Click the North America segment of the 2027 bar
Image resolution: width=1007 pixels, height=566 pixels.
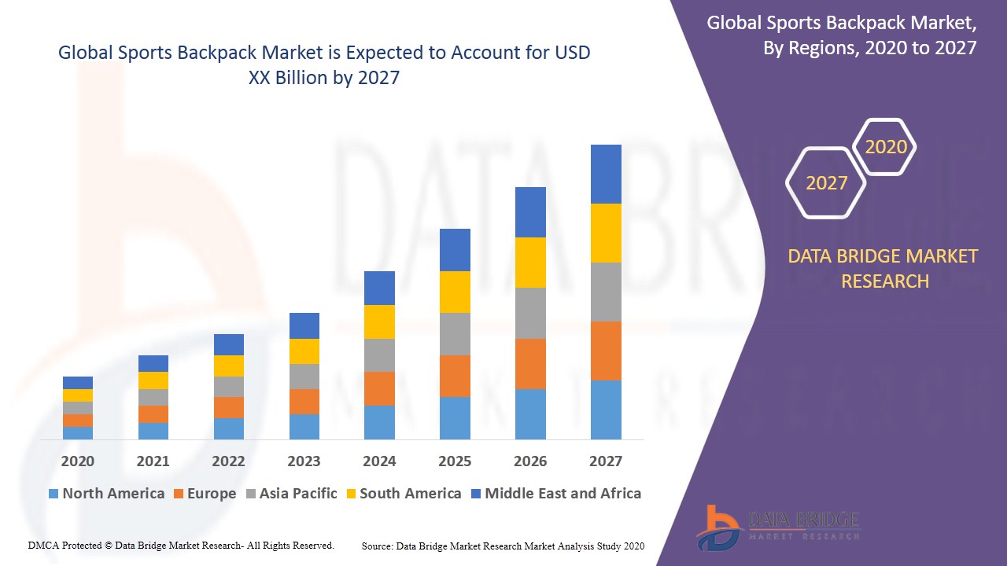point(606,410)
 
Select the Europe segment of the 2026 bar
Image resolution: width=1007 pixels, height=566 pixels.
point(530,363)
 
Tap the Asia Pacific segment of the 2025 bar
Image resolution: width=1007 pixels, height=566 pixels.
point(455,334)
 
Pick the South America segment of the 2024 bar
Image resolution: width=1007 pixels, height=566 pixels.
point(379,322)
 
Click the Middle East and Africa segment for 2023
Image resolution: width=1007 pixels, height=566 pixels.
point(304,325)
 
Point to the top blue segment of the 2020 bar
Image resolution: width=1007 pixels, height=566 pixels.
point(78,383)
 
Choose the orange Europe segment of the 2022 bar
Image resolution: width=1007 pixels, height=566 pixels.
point(229,407)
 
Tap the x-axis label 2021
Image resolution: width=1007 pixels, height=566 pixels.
point(153,461)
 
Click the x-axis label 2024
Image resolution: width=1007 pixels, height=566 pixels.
point(379,461)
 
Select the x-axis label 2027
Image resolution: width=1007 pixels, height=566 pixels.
point(606,461)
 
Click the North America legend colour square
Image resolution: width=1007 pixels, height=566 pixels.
point(53,494)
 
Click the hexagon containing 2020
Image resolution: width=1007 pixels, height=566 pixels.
point(886,147)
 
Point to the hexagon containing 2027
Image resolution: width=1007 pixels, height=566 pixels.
point(826,183)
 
